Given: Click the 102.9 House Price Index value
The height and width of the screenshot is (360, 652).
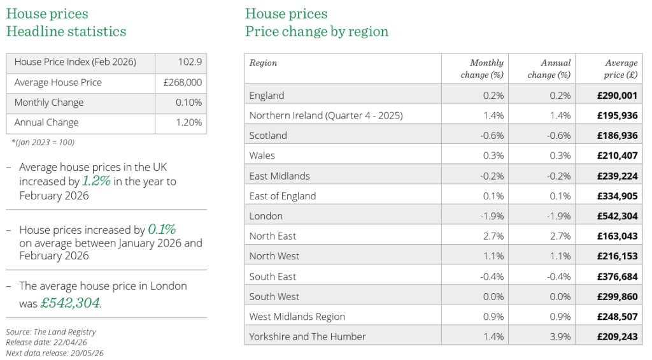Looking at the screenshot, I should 190,62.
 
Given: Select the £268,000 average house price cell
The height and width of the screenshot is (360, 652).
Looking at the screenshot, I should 183,83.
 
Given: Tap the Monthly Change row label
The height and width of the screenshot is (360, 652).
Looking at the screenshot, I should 49,103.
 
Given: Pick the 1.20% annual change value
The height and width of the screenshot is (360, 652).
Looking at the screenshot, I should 189,123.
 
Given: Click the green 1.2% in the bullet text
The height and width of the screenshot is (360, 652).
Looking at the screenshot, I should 96,181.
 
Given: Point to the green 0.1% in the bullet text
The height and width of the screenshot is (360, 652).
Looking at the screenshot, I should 162,229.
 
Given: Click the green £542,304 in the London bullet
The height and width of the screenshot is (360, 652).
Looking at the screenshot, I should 70,303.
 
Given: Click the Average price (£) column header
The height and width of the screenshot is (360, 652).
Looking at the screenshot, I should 621,69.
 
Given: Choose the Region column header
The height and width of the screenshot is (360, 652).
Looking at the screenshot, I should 263,63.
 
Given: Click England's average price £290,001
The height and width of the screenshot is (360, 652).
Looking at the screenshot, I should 617,96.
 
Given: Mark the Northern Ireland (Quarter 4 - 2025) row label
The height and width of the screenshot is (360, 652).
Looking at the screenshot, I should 326,115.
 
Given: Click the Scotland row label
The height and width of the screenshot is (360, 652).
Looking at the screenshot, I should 268,136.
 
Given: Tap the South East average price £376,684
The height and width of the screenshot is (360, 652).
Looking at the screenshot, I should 617,277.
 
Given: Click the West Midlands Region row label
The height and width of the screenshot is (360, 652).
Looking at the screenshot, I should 297,317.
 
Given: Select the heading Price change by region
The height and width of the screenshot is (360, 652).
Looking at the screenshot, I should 316,31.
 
